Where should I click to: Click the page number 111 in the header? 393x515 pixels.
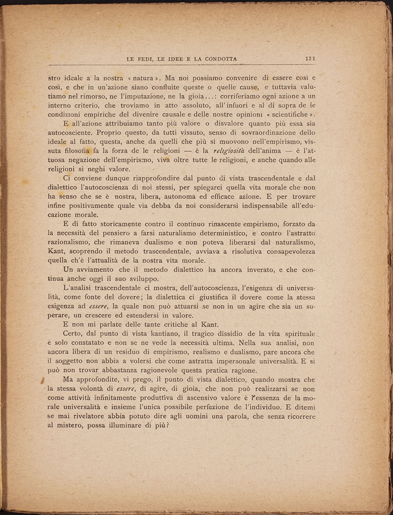pos(309,59)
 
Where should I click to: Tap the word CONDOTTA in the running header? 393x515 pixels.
pos(218,59)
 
